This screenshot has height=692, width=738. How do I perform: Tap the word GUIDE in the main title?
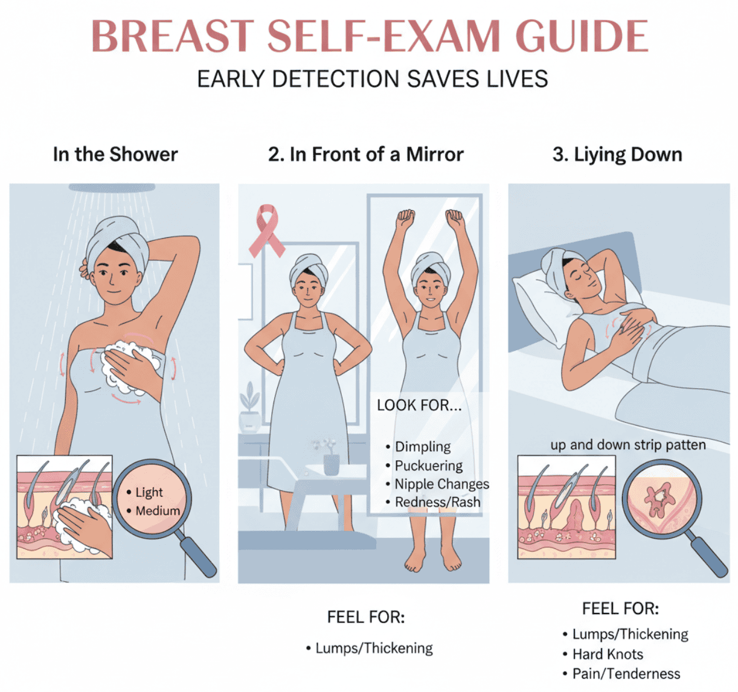click(x=582, y=36)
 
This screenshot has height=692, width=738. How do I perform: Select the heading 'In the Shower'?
click(x=115, y=154)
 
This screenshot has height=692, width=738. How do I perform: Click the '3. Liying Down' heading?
click(x=617, y=155)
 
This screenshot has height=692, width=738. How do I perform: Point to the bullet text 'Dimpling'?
click(x=423, y=446)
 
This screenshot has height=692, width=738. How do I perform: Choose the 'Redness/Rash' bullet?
click(x=437, y=502)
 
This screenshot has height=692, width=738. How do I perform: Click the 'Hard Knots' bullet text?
click(x=608, y=654)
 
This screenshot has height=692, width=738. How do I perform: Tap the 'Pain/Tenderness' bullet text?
click(x=626, y=673)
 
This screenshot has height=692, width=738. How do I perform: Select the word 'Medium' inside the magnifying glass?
click(x=158, y=511)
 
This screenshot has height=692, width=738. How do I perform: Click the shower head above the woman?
click(x=112, y=187)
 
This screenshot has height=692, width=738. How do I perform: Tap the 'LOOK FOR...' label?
click(x=419, y=405)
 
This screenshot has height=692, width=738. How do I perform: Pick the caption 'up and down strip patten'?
click(x=628, y=444)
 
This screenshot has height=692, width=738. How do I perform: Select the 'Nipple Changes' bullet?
click(x=442, y=484)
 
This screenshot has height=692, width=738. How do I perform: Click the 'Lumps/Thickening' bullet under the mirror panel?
click(x=374, y=648)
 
